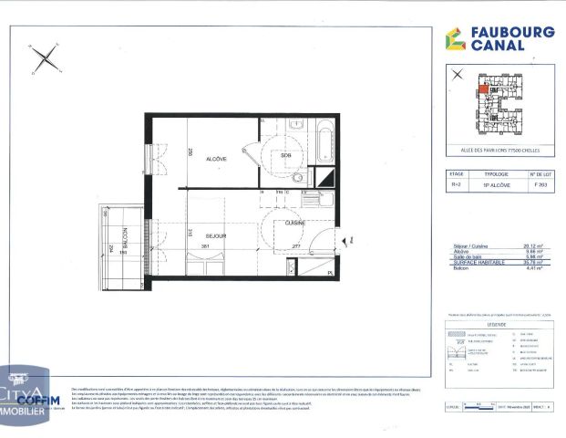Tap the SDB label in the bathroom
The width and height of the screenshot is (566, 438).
pos(285,155)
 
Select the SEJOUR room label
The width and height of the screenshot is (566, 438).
pos(215,235)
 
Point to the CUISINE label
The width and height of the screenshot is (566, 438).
pos(294,222)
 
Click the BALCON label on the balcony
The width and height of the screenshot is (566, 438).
pos(125,235)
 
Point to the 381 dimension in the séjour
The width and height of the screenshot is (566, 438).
pos(206,246)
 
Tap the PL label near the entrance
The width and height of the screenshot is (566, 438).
pos(331,271)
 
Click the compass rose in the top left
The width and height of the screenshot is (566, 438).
pos(45,61)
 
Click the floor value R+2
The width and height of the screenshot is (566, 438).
pos(457,184)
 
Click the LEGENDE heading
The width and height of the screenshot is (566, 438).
pos(497,323)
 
